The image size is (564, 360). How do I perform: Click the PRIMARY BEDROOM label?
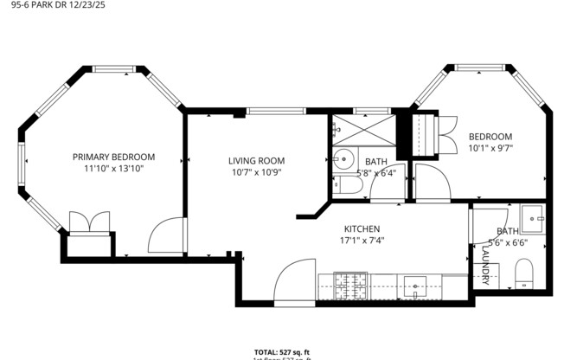click(x=113, y=157)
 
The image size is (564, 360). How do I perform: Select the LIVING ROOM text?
click(x=256, y=160)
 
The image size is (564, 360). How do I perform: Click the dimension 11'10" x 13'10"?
click(x=113, y=170)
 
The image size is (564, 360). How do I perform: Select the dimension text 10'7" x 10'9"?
click(x=256, y=171)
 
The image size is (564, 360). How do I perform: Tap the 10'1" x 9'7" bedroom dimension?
click(x=490, y=148)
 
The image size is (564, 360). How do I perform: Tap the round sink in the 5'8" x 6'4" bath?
click(x=344, y=158)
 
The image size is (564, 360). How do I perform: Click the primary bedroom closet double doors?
click(x=89, y=222)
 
